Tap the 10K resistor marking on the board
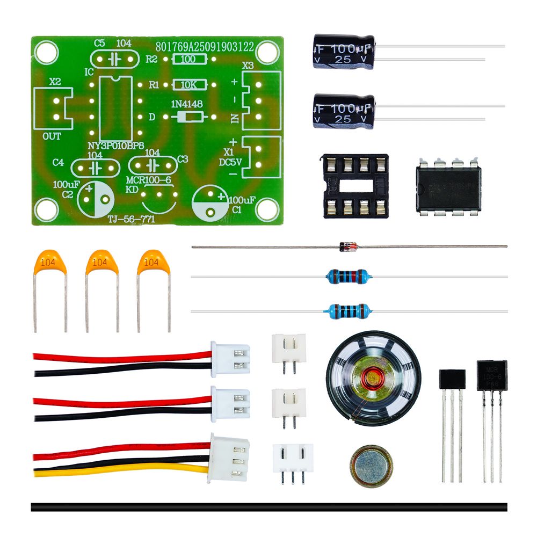(188, 85)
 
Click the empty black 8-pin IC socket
(355, 186)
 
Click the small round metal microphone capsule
(371, 465)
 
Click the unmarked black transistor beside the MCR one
(452, 379)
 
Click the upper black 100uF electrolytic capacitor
(344, 52)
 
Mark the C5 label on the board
(99, 43)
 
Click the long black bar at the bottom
(268, 507)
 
